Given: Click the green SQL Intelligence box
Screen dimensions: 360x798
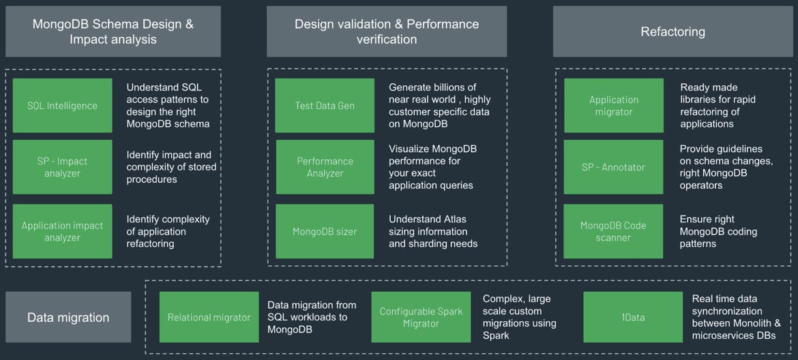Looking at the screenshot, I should click(x=62, y=106).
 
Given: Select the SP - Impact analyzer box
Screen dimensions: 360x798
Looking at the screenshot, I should click(x=62, y=167).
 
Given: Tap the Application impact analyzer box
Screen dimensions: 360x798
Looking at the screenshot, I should click(x=62, y=231).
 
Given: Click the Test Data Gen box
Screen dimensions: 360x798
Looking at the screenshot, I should click(x=325, y=106).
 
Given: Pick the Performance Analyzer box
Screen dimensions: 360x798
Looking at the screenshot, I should click(x=325, y=167).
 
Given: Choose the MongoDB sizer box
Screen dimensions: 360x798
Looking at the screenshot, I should click(x=325, y=231).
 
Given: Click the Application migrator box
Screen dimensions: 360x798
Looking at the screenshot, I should click(x=613, y=106).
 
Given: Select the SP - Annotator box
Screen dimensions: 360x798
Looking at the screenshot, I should click(x=613, y=167).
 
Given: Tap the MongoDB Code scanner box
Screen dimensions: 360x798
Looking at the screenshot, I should click(x=613, y=231).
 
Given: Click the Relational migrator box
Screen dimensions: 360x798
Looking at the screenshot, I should click(x=209, y=317).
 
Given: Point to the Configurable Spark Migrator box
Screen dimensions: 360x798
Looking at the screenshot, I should click(x=421, y=317).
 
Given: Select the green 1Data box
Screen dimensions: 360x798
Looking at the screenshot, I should click(x=633, y=317).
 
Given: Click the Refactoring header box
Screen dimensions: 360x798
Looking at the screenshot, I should click(x=673, y=31).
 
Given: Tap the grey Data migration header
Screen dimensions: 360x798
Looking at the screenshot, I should click(x=68, y=317).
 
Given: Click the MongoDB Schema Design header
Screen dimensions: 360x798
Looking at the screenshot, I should click(x=113, y=31).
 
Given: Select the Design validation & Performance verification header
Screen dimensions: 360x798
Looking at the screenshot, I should click(x=387, y=31).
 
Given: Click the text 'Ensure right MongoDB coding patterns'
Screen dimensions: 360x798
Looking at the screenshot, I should click(x=718, y=231).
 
